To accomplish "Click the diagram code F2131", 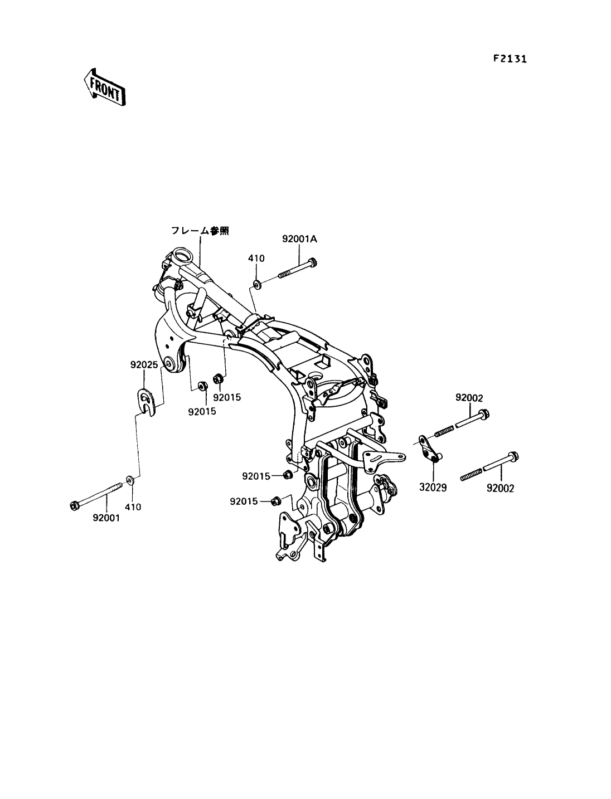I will point(510,59).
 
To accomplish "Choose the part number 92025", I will point(144,366).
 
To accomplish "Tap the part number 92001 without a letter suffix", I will point(107,518).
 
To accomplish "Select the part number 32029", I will point(433,487).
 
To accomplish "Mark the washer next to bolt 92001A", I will point(256,285).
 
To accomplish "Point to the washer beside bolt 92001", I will point(130,480).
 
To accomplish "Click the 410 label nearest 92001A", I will point(256,258).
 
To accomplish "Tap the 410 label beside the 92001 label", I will point(133,507).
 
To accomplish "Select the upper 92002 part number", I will point(469,398).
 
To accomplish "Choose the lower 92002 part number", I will point(500,488).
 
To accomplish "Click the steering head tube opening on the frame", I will point(182,257).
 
